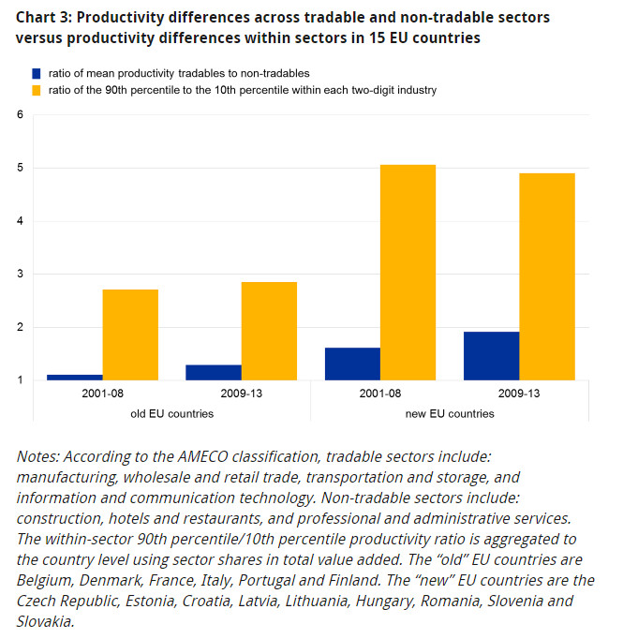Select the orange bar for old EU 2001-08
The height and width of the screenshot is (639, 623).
(x=130, y=334)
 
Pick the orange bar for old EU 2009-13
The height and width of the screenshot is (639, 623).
(x=269, y=331)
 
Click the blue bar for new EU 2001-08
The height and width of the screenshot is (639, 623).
(x=352, y=364)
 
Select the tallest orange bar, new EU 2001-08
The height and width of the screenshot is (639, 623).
(x=408, y=273)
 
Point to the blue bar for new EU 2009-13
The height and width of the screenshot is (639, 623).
(x=491, y=356)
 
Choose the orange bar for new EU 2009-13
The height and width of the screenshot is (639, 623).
(x=546, y=276)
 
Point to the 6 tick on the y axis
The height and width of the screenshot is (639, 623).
(x=19, y=115)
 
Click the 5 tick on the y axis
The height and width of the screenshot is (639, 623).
(x=19, y=169)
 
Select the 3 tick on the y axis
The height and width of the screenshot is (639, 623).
(x=19, y=275)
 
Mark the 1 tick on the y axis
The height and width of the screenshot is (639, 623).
(x=19, y=380)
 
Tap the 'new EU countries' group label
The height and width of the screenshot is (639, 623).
(x=449, y=413)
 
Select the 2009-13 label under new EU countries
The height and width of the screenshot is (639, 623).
(x=518, y=394)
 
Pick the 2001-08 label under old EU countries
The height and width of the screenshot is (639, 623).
(x=102, y=394)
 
